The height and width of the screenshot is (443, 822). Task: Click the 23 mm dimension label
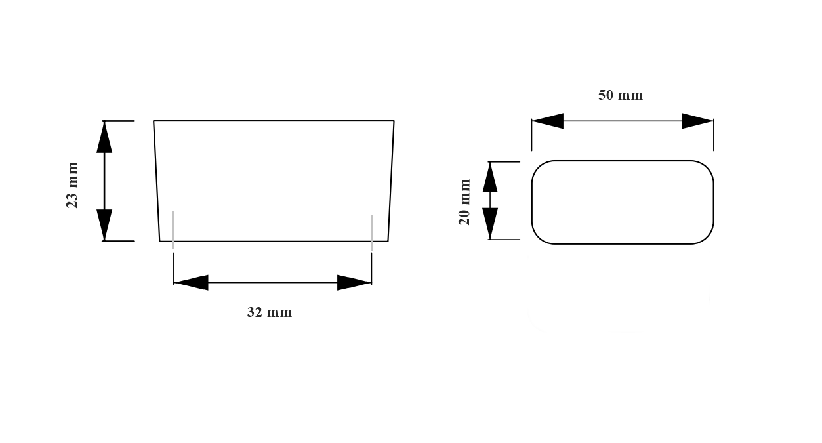coord(72,185)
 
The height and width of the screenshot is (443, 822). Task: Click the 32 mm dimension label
coord(270,312)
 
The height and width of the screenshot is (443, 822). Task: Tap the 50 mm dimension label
coord(621,95)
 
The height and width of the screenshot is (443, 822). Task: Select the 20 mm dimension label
coord(464,202)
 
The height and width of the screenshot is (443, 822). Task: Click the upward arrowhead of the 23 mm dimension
coord(104,137)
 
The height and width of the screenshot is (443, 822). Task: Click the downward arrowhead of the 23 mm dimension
coord(104,225)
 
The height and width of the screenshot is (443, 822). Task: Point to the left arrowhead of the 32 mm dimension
coord(191,283)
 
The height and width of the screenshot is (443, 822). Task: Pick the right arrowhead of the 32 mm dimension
coord(354,283)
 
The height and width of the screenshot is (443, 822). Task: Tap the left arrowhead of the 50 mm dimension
coord(548,121)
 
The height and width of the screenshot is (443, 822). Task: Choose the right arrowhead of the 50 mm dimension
coord(697,121)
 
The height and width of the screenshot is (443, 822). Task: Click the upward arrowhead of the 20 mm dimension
coord(490,177)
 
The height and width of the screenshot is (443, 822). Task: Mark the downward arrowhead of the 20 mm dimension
coord(490,224)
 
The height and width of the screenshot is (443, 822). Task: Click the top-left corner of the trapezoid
coord(154,121)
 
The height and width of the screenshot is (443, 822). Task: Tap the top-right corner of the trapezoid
coord(394,121)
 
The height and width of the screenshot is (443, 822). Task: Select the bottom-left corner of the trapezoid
coord(159,241)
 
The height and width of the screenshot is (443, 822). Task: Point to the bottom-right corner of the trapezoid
coord(388,241)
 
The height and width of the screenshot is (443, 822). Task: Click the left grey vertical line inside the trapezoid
coord(173,230)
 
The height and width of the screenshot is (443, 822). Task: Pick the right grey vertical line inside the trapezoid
coord(372,233)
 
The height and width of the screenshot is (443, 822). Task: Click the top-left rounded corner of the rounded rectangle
coord(538,167)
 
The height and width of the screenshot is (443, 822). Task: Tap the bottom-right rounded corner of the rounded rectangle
coord(707,238)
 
